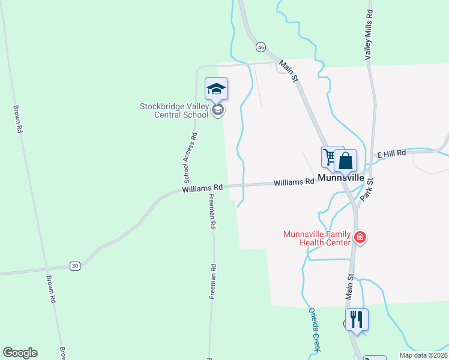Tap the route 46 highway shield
(x=261, y=47)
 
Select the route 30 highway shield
(x=74, y=266)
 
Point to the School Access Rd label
(x=190, y=157)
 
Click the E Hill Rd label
(x=391, y=154)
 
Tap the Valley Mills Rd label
(x=369, y=34)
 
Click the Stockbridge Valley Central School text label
(x=175, y=111)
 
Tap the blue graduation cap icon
(x=216, y=90)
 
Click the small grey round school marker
(x=218, y=110)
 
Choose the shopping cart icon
(x=330, y=157)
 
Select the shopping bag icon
(x=346, y=161)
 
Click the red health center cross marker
(x=360, y=238)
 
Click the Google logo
(x=20, y=353)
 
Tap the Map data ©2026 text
(x=423, y=355)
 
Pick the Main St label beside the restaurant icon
(x=350, y=286)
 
